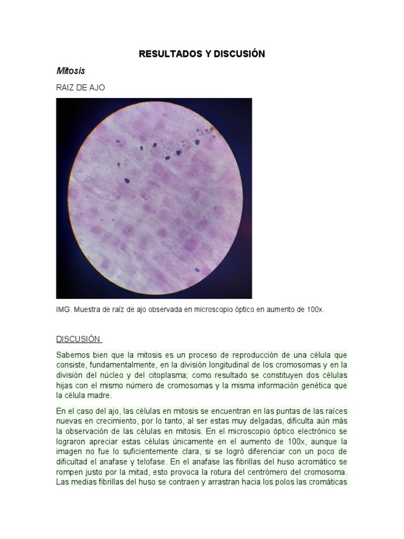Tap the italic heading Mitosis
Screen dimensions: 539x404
[70, 71]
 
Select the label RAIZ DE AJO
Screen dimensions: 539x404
[80, 87]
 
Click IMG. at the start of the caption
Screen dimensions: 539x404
[64, 310]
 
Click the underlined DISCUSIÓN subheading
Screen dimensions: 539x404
[78, 339]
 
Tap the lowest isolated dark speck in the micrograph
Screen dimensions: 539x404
[197, 269]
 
